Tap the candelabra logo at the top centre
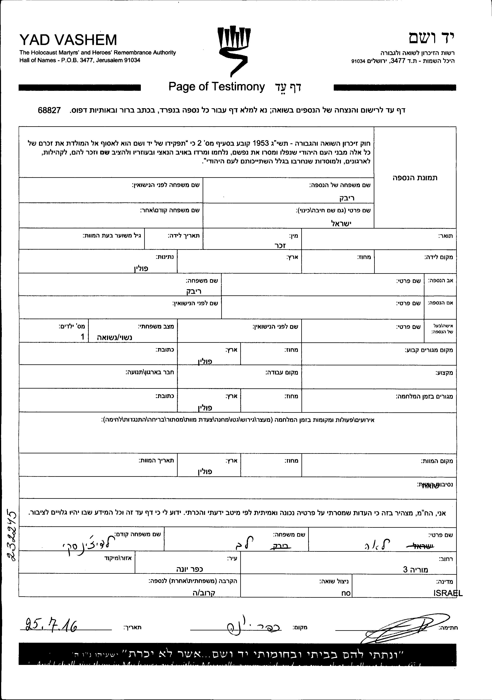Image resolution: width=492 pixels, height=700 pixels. (234, 50)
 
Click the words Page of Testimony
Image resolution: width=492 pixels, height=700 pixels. (217, 87)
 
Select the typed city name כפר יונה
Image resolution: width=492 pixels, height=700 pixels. (190, 569)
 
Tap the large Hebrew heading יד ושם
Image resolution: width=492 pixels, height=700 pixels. (431, 38)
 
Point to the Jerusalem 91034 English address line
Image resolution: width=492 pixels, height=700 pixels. (80, 60)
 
